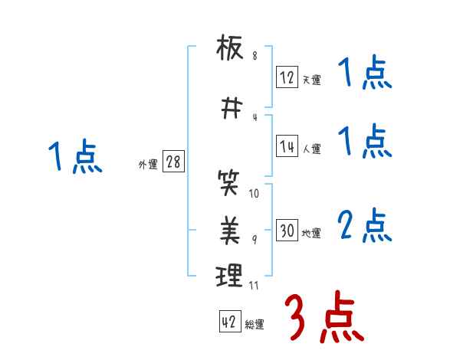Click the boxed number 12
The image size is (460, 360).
pos(287,77)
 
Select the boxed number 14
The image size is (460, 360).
pos(287,147)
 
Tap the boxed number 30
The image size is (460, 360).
pos(287,231)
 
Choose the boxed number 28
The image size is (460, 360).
pos(172,162)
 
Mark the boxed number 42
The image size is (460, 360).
pos(228,322)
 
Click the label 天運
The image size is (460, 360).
pos(311,80)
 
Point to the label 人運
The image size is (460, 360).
pos(311,149)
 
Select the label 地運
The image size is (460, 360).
pos(311,234)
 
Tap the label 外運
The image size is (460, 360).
pos(147,165)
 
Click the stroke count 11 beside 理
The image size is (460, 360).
pos(254,286)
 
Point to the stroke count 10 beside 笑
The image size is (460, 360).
pos(254,194)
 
